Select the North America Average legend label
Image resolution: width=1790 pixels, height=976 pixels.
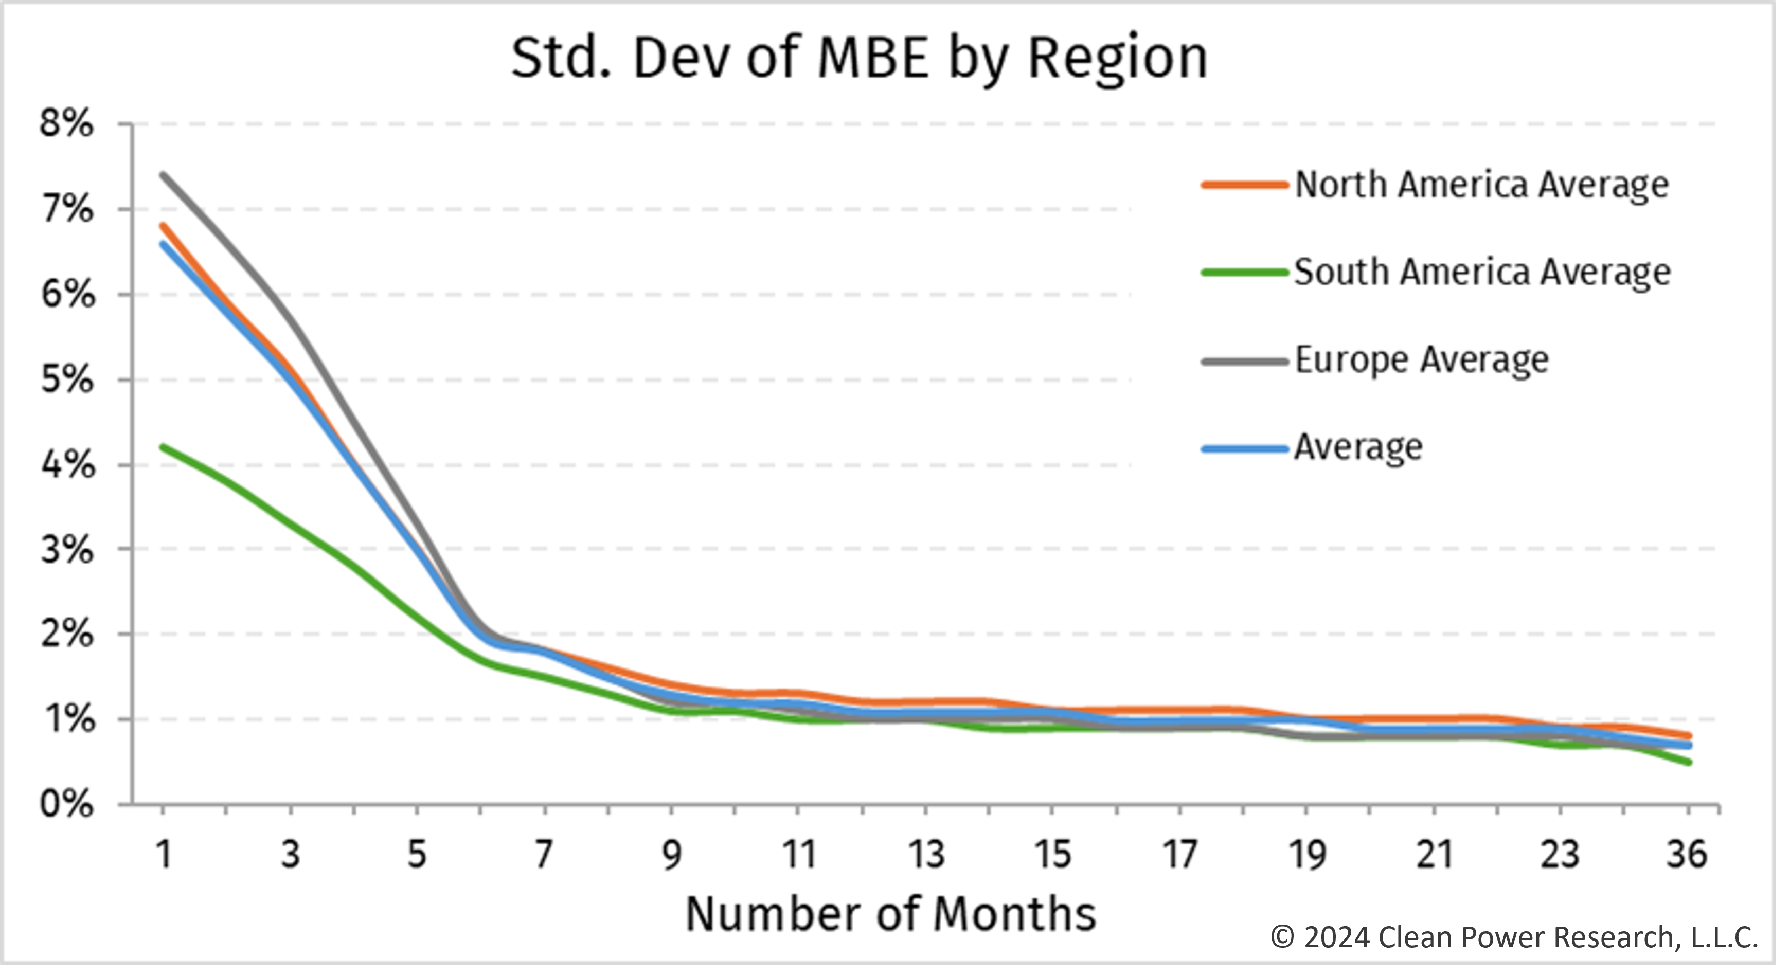point(1481,185)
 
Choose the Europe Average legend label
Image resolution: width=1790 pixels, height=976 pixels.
point(1422,360)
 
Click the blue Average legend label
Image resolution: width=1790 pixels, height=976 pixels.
point(1358,447)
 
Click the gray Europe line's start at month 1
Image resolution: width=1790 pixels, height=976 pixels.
point(163,174)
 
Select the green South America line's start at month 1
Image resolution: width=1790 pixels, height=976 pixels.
point(163,447)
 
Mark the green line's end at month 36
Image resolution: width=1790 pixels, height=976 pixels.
point(1689,763)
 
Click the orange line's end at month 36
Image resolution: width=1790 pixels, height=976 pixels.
point(1689,736)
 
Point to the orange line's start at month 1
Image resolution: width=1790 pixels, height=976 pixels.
point(163,225)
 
